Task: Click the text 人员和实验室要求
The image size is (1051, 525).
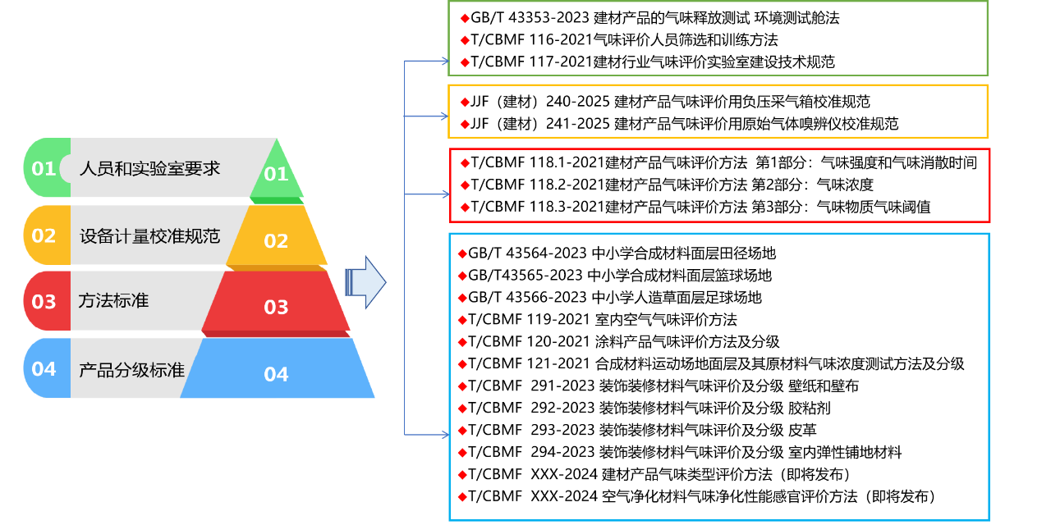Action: click(149, 168)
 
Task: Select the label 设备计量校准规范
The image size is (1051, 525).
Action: click(149, 236)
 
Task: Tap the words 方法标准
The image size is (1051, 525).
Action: click(113, 300)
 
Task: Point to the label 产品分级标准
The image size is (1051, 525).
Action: click(131, 370)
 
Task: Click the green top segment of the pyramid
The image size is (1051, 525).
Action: click(277, 173)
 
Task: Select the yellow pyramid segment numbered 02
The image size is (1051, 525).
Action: click(277, 240)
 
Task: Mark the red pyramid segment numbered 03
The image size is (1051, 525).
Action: click(277, 307)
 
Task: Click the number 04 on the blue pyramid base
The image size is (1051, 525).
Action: click(277, 375)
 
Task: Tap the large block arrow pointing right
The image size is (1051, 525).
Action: click(366, 282)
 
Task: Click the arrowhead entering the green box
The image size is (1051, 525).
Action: click(444, 61)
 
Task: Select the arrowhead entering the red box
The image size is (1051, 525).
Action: click(445, 194)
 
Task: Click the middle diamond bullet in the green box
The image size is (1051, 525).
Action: click(465, 40)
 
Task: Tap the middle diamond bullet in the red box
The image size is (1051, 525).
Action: click(465, 185)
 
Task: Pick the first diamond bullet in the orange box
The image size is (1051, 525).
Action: click(465, 103)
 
